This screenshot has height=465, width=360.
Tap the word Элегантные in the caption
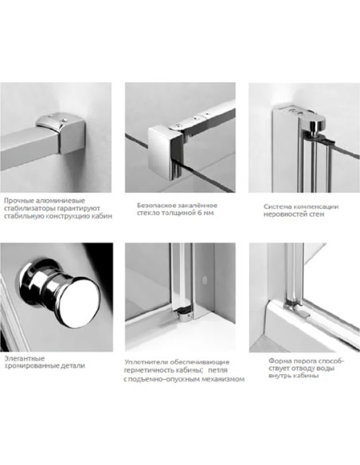pos(25,358)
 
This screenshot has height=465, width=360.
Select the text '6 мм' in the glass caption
pos(205,213)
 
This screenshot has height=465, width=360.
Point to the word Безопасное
pos(155,205)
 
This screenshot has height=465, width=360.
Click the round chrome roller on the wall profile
pos(316,127)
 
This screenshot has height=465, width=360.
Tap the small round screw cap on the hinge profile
pos(204,279)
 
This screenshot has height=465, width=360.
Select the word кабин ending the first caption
pos(104,217)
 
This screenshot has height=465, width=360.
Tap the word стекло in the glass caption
pos(147,213)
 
